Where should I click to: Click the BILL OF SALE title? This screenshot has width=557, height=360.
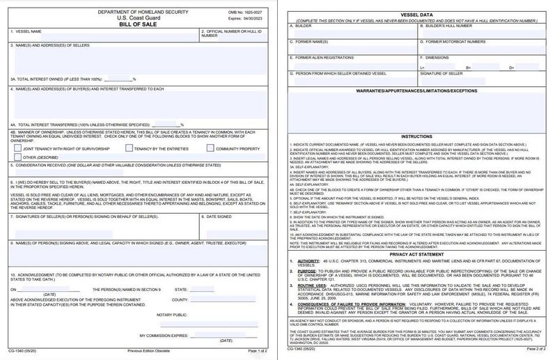point(139,22)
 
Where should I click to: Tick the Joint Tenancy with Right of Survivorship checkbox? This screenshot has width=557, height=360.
point(16,148)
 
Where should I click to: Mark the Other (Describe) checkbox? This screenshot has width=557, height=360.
point(16,157)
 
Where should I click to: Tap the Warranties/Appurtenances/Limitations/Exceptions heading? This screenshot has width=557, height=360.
point(416,91)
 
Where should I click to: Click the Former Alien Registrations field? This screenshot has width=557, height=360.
point(352,64)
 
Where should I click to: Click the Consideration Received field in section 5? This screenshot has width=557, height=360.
point(139,174)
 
